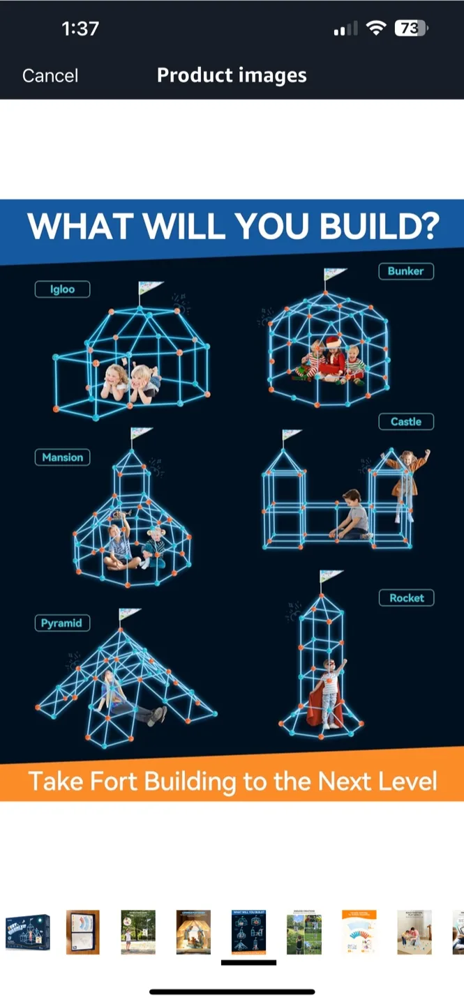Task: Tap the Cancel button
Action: tap(50, 75)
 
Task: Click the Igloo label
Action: tap(62, 289)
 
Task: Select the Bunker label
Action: tap(406, 271)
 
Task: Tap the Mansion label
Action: tap(62, 457)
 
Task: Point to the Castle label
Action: tap(406, 421)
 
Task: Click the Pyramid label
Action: tap(61, 623)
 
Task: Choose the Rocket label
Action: tap(407, 598)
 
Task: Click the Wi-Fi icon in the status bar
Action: tap(377, 29)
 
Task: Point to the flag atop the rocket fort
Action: tap(329, 577)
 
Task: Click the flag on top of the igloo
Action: tap(149, 287)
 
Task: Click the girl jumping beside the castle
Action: tap(405, 481)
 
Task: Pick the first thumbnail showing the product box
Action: tap(28, 932)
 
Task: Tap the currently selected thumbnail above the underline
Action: tap(248, 932)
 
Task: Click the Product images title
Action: tap(232, 75)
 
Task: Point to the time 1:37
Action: tap(80, 29)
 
